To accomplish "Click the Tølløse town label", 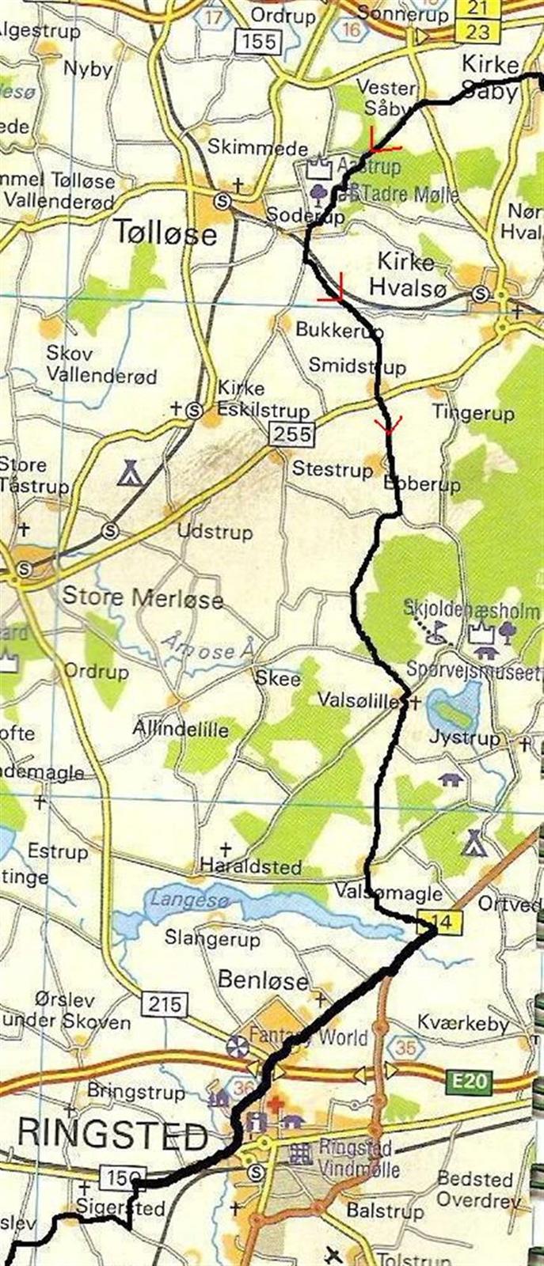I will [x=165, y=233].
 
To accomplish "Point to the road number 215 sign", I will [x=163, y=1004].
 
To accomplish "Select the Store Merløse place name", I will [x=143, y=597].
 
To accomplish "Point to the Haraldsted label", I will [x=251, y=866].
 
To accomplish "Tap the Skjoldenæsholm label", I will [x=471, y=611].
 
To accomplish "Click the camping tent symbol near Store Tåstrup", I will [x=128, y=474].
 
